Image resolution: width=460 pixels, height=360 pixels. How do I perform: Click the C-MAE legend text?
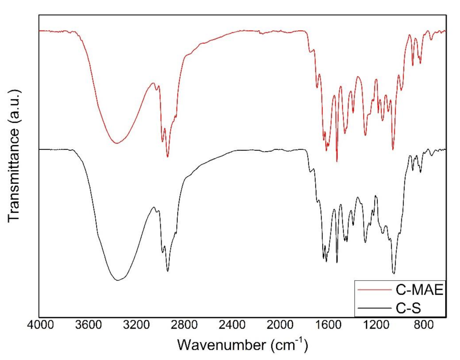pyautogui.click(x=419, y=290)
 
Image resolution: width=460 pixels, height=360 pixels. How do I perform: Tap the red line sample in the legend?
pyautogui.click(x=375, y=290)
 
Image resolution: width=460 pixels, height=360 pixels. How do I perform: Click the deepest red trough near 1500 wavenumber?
pyautogui.click(x=337, y=161)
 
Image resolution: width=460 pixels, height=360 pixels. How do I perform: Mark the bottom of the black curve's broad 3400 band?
pyautogui.click(x=118, y=280)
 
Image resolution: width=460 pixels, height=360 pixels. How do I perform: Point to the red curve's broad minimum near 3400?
pyautogui.click(x=117, y=143)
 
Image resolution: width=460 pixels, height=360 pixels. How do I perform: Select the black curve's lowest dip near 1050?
pyautogui.click(x=393, y=273)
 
